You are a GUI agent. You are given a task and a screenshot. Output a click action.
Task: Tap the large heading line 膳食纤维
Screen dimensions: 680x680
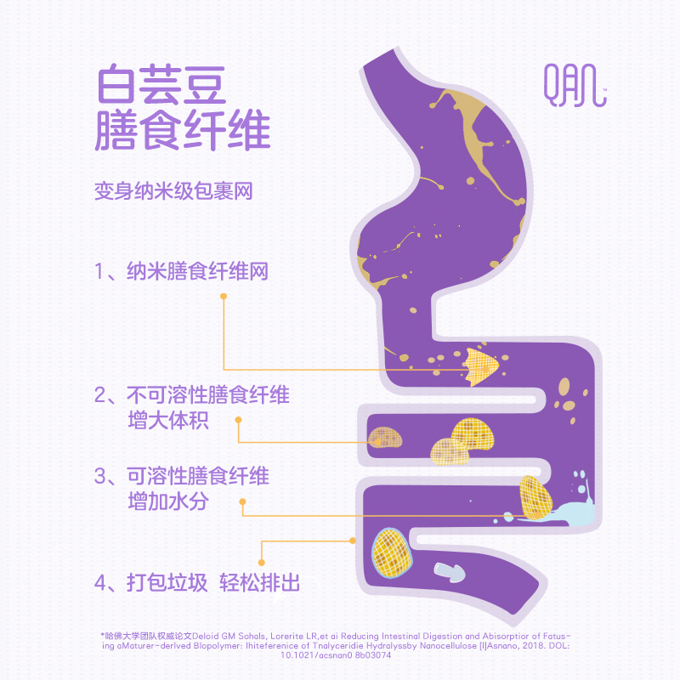click(x=182, y=131)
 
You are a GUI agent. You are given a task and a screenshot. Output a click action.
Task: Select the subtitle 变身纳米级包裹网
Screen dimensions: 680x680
click(x=173, y=190)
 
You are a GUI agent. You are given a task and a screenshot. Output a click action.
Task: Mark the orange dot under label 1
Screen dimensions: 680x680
click(x=224, y=297)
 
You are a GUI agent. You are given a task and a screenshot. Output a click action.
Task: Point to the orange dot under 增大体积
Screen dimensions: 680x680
click(x=238, y=422)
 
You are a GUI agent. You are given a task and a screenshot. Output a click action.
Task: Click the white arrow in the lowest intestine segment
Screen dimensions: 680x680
click(x=450, y=571)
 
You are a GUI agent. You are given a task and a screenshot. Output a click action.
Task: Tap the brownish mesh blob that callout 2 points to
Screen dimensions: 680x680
click(x=386, y=438)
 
